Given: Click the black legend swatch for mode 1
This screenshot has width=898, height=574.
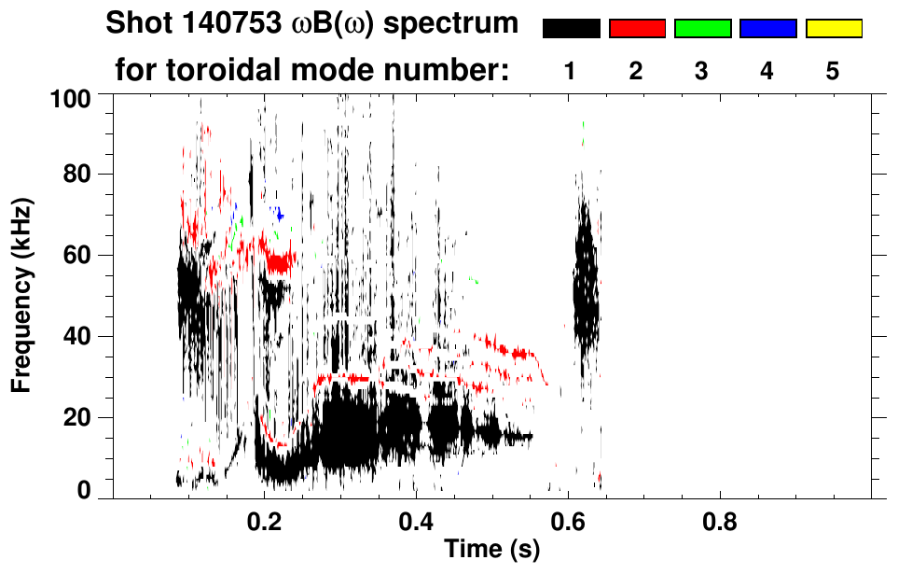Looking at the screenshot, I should (x=571, y=29).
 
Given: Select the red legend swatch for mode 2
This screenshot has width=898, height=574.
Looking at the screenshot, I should (x=637, y=29).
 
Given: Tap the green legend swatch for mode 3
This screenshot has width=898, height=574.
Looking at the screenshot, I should (x=702, y=29).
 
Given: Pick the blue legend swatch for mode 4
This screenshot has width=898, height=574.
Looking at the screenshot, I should (x=767, y=29).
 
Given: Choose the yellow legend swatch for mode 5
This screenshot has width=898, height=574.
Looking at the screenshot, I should (x=833, y=29).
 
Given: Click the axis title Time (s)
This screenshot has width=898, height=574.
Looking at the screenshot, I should (x=490, y=550).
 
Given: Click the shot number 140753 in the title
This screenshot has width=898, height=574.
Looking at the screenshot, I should (x=220, y=24).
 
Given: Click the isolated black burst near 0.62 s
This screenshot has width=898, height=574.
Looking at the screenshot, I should (x=586, y=280).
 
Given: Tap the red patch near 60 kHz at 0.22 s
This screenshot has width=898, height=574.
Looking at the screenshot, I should (x=278, y=260).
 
